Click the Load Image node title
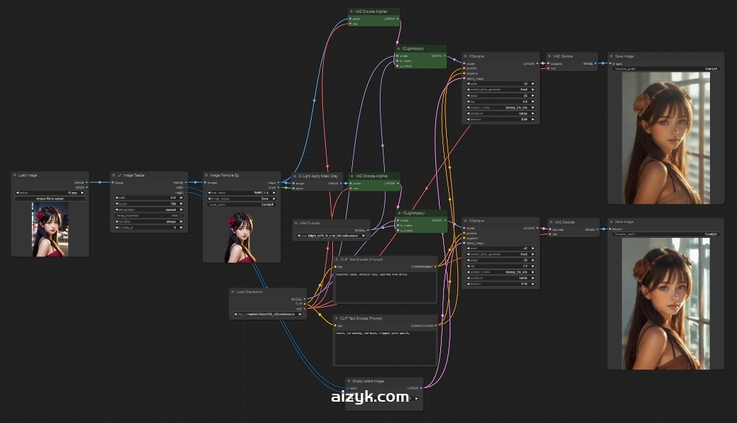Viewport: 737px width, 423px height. [28, 175]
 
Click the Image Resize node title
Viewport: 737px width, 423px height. [135, 175]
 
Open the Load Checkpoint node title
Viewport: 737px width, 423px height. [250, 291]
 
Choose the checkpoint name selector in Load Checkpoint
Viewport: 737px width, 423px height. [269, 314]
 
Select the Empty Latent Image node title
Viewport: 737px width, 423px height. [368, 382]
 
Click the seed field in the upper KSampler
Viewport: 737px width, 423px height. [500, 84]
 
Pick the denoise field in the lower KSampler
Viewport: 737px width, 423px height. [500, 284]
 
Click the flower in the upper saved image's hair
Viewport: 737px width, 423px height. [642, 104]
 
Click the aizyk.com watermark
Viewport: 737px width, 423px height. [370, 397]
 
